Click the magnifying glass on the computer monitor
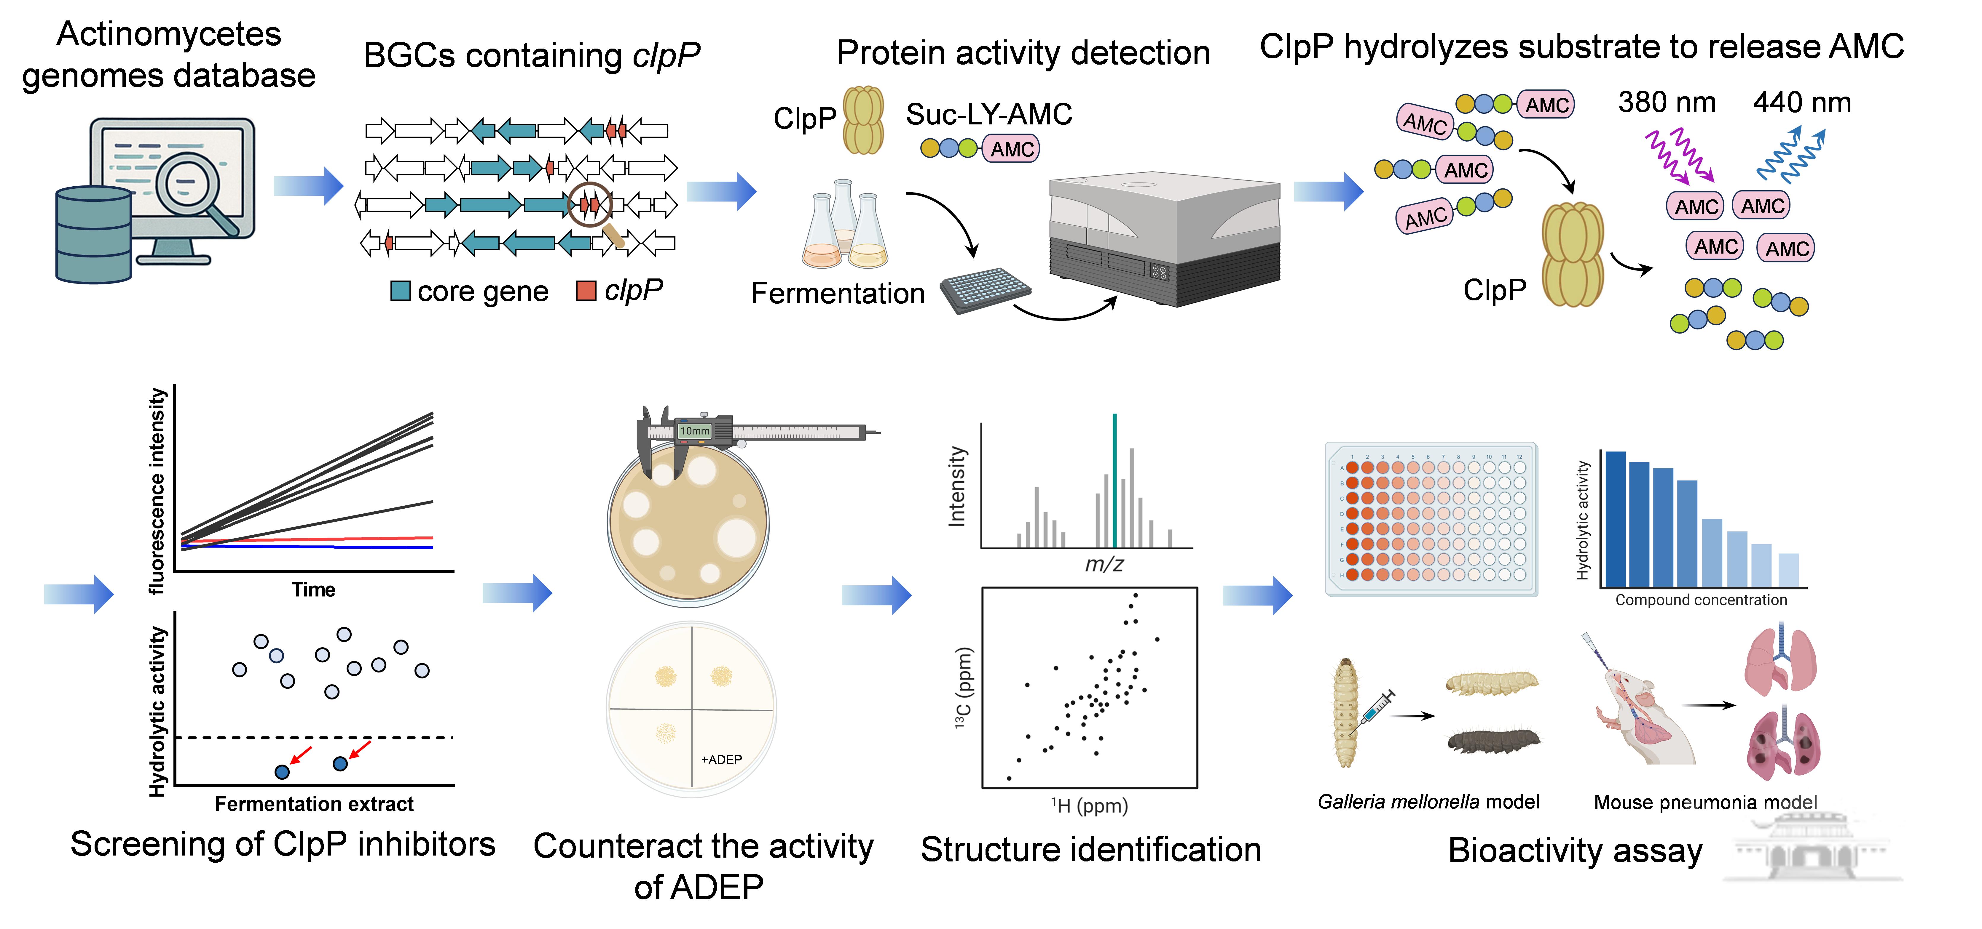tap(189, 185)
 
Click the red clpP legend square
tap(586, 291)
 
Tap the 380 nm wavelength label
tap(1667, 102)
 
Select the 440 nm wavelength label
tap(1802, 102)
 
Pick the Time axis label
tap(313, 590)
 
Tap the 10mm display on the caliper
tap(694, 431)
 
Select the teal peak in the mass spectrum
tap(1114, 481)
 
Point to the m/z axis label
tap(1104, 564)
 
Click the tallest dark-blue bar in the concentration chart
tap(1615, 519)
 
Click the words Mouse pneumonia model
tap(1705, 802)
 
